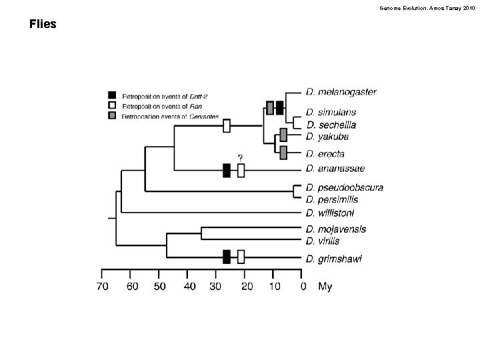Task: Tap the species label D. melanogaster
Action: click(341, 92)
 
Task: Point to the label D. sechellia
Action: click(332, 125)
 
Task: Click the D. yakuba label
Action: click(327, 137)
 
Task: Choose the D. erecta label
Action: click(325, 154)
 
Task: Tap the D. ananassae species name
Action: click(336, 169)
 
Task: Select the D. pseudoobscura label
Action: click(345, 187)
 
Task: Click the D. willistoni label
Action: click(331, 213)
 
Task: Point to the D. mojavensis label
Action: click(337, 229)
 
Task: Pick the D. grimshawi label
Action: click(334, 259)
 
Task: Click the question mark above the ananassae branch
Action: click(241, 157)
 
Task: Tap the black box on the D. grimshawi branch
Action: click(227, 257)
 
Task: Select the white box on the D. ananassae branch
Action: click(241, 171)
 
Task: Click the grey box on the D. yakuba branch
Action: click(283, 135)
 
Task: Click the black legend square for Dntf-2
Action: click(113, 95)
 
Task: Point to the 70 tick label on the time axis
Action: click(101, 287)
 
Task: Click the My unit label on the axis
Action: click(325, 287)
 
